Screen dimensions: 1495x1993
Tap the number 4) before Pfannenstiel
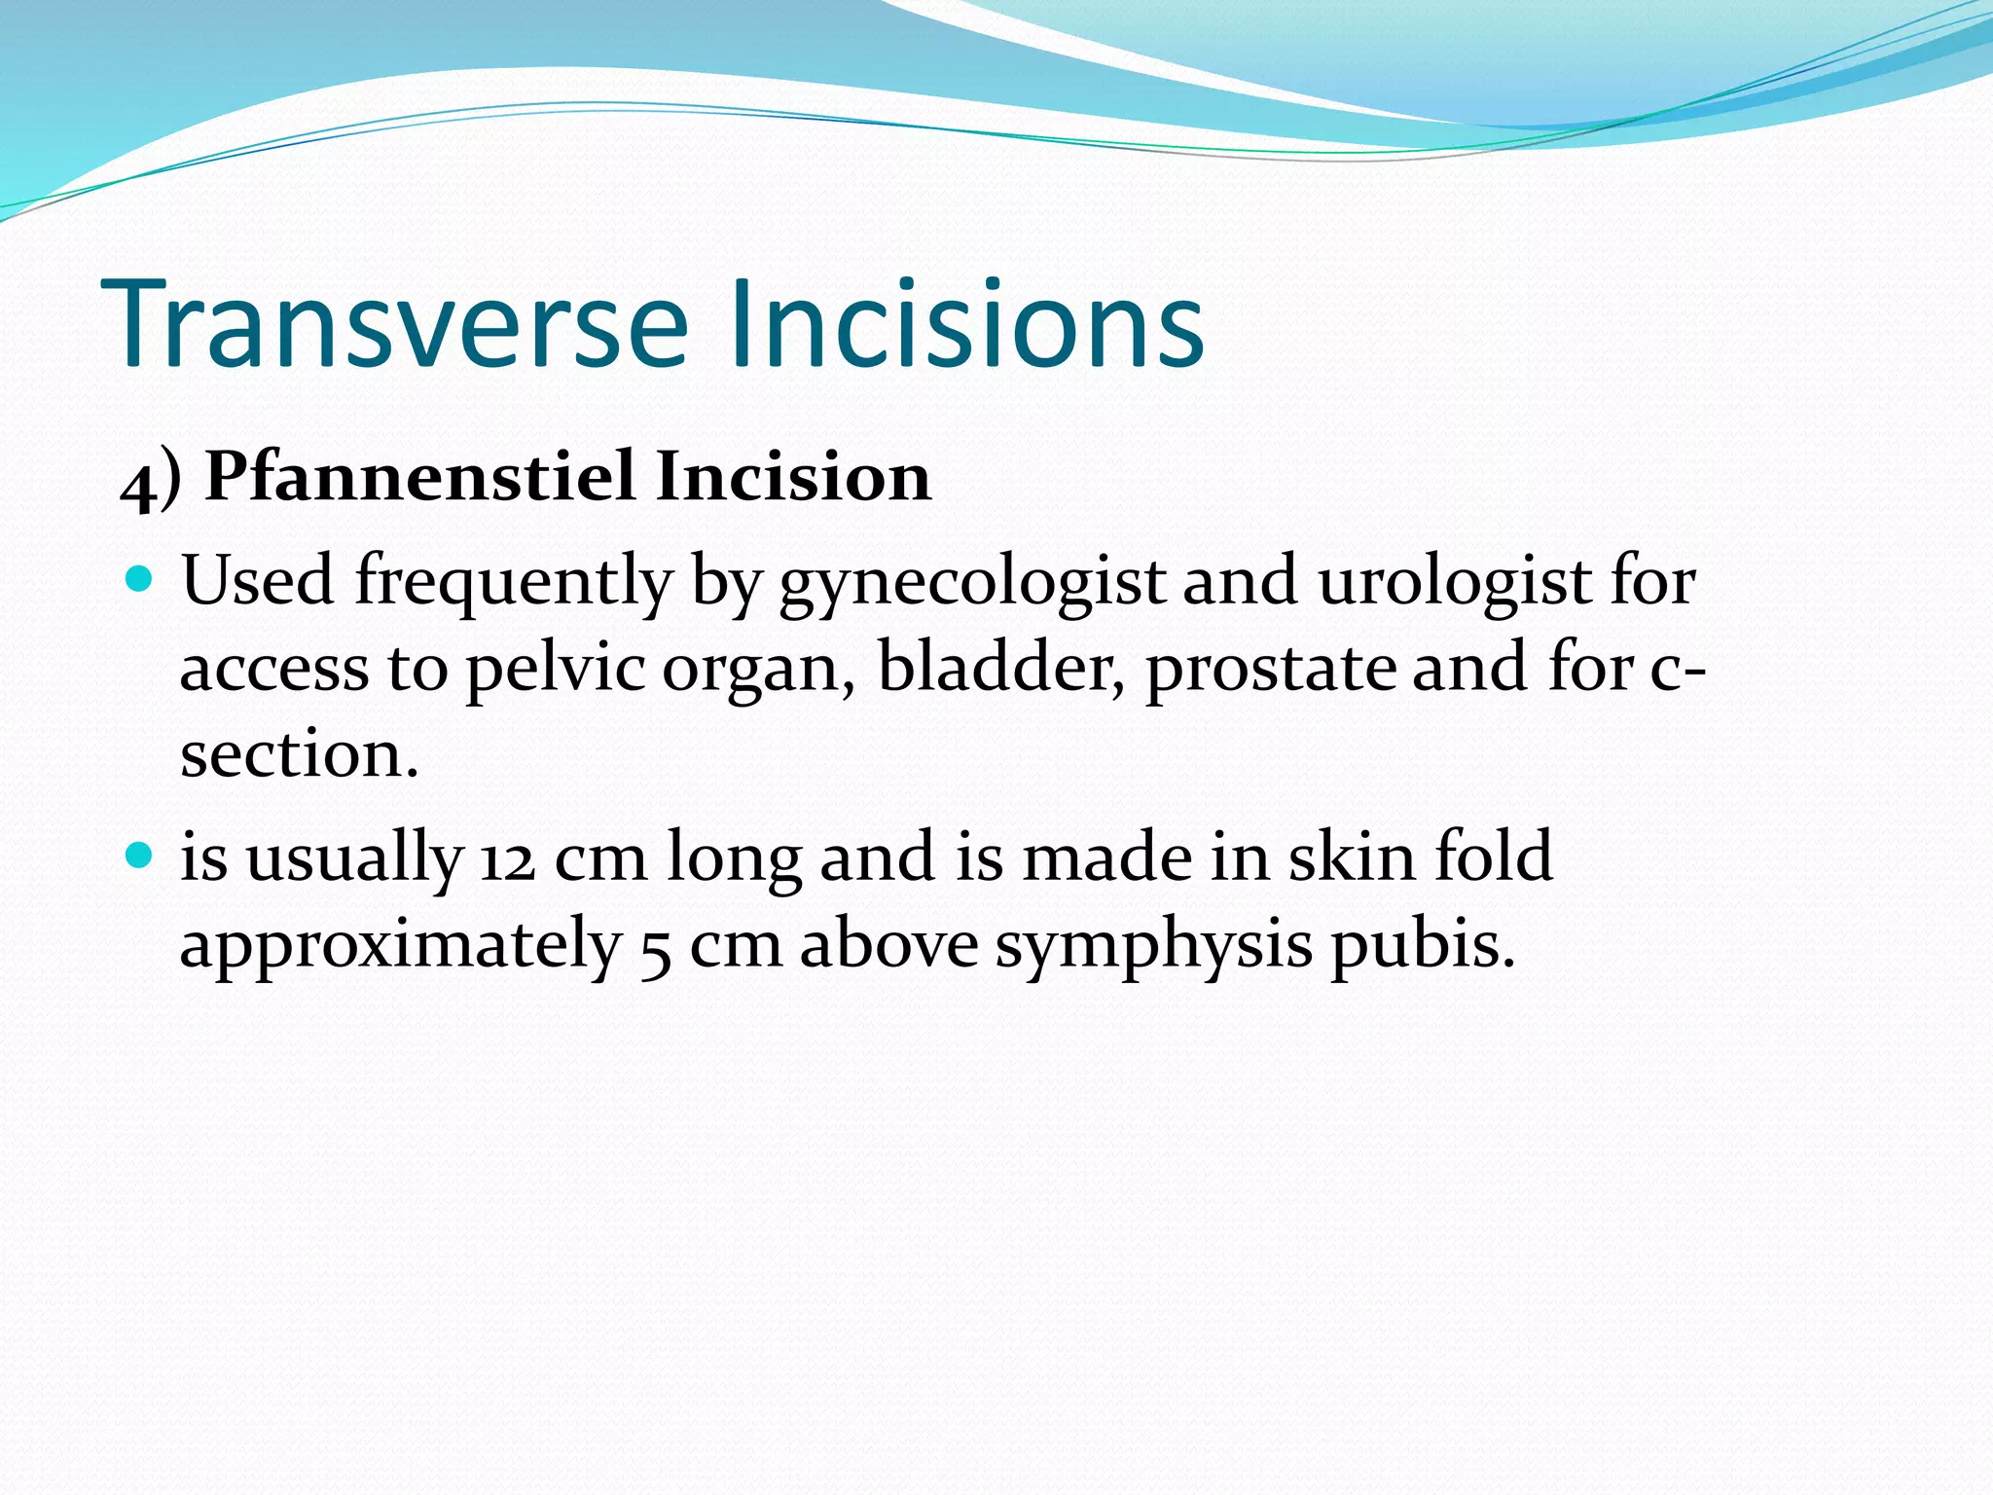[151, 480]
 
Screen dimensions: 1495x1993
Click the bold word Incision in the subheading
[793, 477]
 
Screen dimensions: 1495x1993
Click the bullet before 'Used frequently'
[141, 580]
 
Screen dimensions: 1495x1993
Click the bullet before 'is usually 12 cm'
[141, 856]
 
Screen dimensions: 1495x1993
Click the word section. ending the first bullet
[299, 754]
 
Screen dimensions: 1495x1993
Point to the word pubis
[1423, 946]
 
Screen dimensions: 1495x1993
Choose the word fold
[1494, 856]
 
